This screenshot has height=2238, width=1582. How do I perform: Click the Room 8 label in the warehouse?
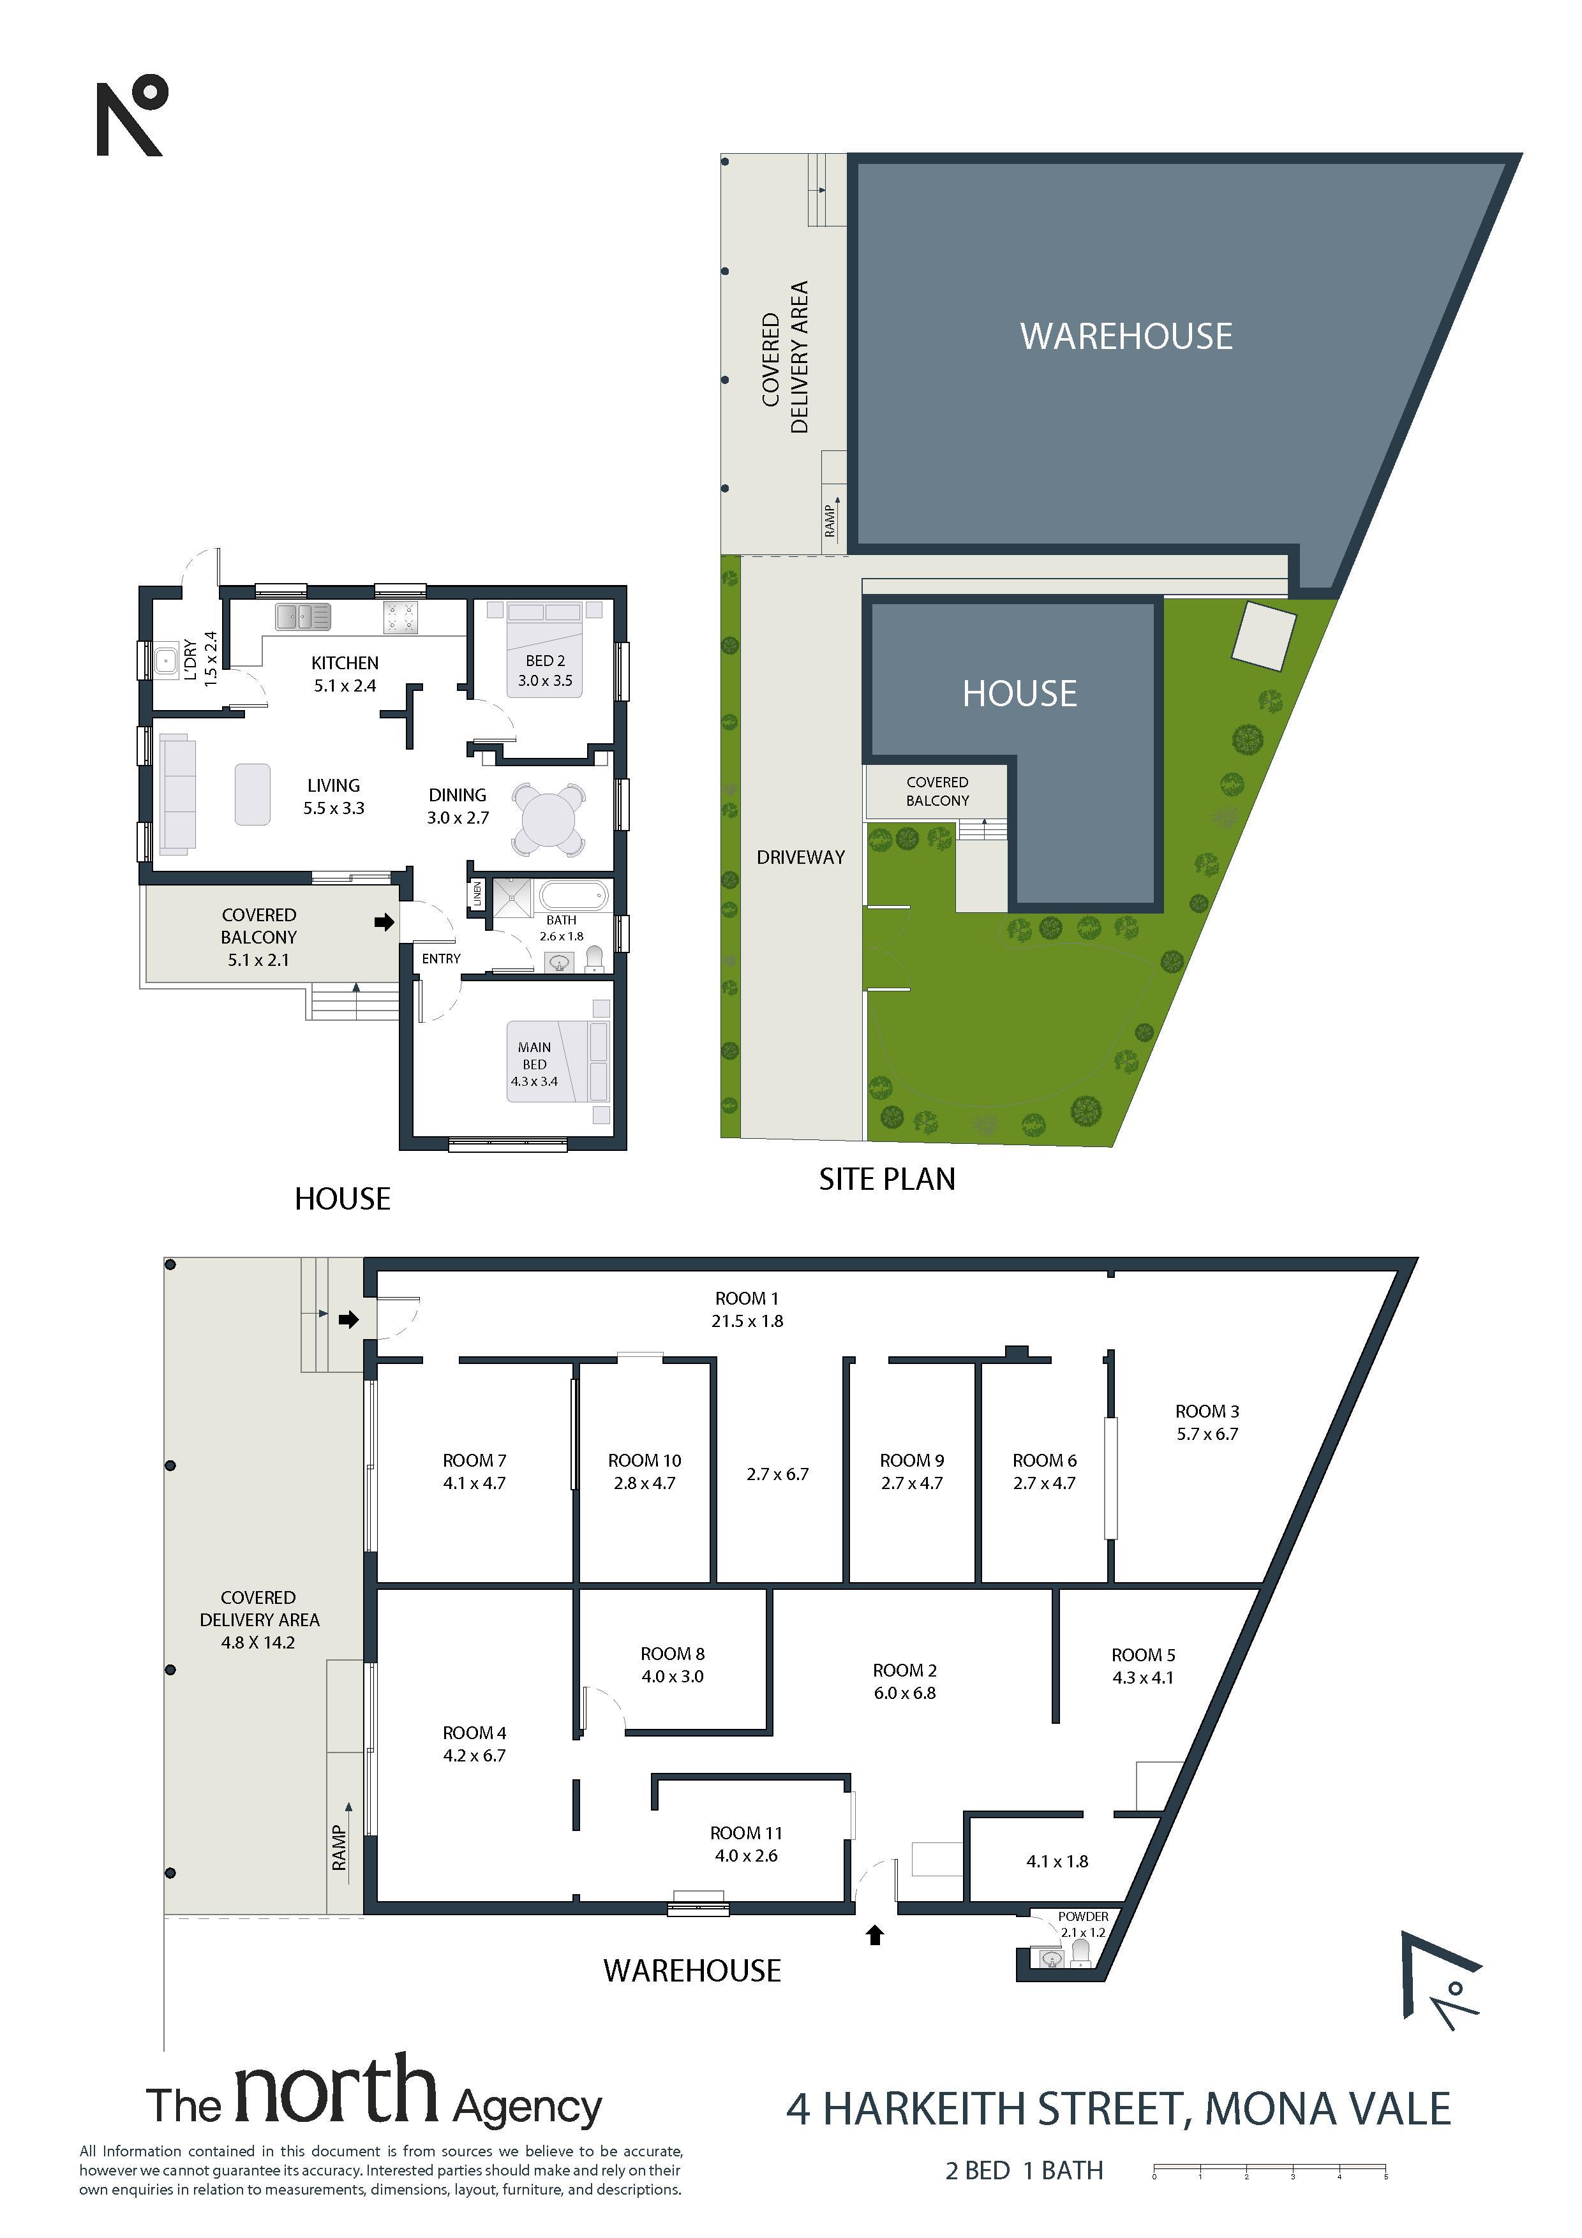tap(673, 1654)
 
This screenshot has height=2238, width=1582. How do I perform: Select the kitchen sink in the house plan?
tap(303, 616)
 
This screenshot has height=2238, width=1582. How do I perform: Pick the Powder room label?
tap(1083, 1916)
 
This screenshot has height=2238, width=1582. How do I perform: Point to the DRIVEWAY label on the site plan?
tap(800, 857)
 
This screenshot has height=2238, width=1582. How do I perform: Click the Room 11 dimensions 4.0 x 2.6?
tap(745, 1856)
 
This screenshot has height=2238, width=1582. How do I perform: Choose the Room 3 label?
tap(1207, 1411)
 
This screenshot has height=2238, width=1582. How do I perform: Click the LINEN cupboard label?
tap(477, 894)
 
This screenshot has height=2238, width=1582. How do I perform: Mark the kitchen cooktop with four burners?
tap(401, 616)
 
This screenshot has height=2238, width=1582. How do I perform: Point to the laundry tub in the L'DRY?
tap(165, 660)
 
